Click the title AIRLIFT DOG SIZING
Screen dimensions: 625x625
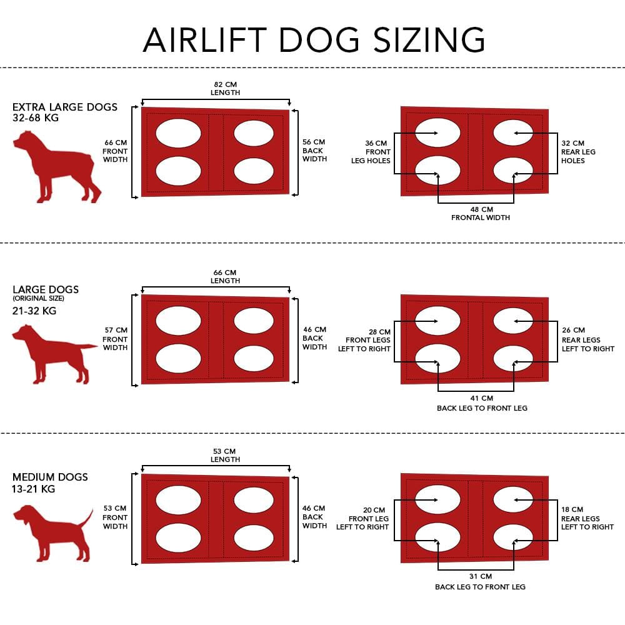pos(314,39)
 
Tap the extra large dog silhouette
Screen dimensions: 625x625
pos(56,166)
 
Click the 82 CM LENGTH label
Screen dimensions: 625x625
pos(225,89)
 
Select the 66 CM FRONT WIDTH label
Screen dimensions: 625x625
pos(116,151)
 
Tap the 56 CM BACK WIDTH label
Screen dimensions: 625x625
pos(314,151)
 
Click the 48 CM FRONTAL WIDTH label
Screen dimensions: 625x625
pos(481,213)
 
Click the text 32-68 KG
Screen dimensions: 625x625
pos(36,117)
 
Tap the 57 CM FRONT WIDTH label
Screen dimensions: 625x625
pos(116,339)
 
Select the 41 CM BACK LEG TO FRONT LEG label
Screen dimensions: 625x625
pos(481,403)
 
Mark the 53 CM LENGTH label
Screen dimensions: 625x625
pos(225,455)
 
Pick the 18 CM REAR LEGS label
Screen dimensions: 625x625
pos(587,518)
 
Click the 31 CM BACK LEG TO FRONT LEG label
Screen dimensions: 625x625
pos(481,581)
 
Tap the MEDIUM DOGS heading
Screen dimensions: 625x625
pos(50,477)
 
